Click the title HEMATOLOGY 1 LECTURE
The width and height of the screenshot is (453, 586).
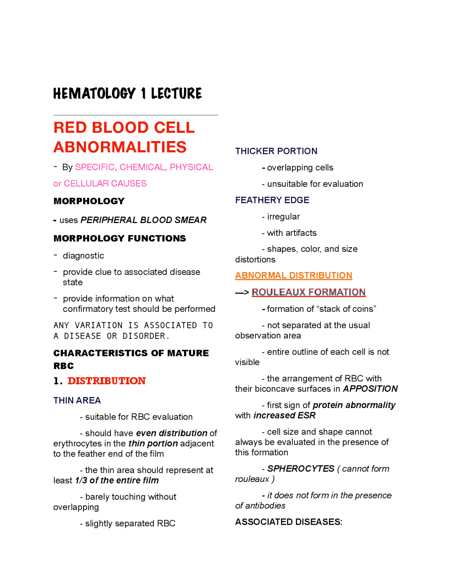point(127,93)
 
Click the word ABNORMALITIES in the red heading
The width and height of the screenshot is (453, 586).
point(120,147)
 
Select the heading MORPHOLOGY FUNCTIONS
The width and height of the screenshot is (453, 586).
point(120,238)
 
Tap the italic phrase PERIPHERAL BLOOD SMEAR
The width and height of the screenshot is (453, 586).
point(143,220)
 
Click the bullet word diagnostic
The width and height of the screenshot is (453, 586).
point(84,255)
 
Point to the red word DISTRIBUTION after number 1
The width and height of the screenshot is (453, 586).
point(107,381)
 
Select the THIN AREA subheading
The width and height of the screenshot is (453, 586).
point(77,400)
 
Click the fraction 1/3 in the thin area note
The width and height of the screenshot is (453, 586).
point(81,480)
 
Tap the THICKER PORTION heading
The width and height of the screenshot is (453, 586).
point(276,151)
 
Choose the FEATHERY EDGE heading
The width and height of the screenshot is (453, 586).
point(272,200)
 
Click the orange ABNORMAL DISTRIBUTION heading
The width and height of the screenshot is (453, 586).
point(293,275)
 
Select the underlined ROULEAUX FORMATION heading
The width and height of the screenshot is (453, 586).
point(308,292)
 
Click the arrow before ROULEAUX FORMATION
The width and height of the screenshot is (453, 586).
point(242,292)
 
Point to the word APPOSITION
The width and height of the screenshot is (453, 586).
point(370,389)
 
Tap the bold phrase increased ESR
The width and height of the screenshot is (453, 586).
point(284,415)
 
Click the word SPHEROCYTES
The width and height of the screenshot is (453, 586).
point(300,469)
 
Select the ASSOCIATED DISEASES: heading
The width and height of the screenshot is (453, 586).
point(288,522)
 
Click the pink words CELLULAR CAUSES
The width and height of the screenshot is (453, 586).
point(105,183)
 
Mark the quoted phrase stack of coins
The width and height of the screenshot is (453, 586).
point(346,309)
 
